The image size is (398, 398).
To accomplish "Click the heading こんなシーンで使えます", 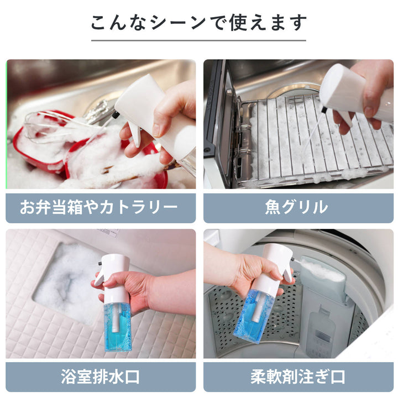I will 198,23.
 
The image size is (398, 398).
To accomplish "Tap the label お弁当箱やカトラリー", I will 99,207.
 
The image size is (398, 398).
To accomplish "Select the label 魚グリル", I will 298,207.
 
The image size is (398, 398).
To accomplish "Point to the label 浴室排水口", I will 99,377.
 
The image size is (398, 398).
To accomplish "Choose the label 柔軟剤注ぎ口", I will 298,377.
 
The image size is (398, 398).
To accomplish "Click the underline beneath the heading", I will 198,40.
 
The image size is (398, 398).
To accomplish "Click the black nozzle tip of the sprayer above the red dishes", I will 116,115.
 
